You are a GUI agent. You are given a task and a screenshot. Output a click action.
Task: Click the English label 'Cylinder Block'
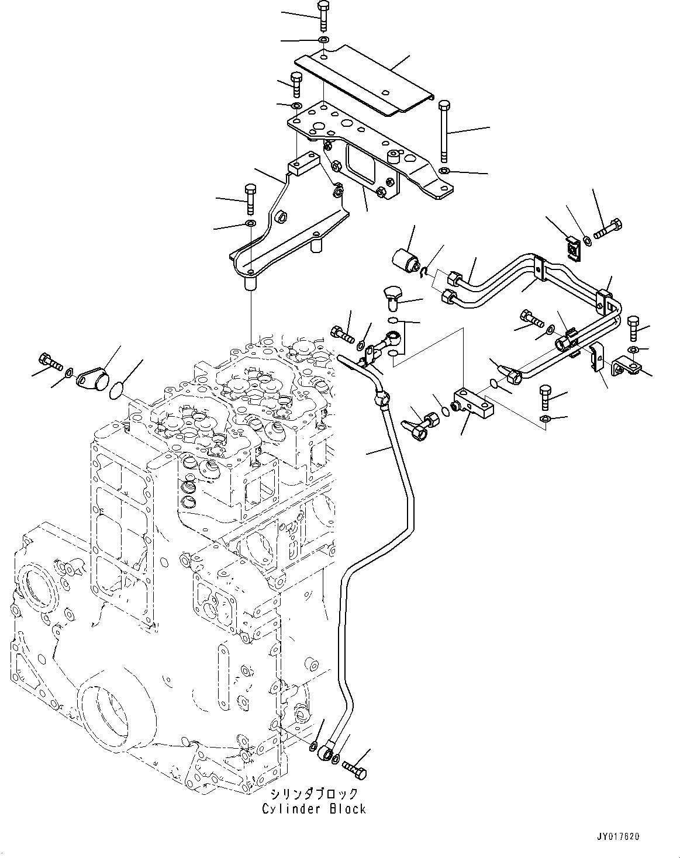point(313,809)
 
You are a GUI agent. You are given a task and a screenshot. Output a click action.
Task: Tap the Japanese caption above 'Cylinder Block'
point(313,794)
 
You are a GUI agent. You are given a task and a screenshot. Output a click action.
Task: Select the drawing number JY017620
point(618,836)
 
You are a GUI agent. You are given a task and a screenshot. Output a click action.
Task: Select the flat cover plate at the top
point(363,82)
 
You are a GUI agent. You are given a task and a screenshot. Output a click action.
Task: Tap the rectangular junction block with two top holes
point(474,405)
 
